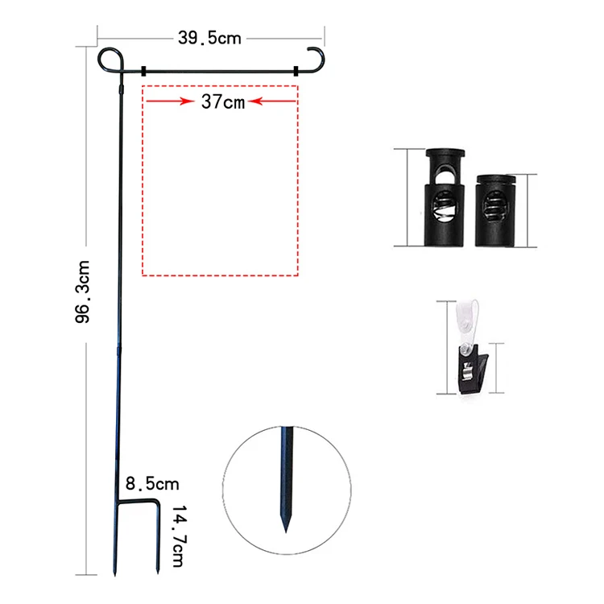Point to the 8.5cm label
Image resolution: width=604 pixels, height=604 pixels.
151,484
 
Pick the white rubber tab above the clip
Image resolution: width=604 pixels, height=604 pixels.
465,319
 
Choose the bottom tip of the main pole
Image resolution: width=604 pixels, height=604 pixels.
116,573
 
